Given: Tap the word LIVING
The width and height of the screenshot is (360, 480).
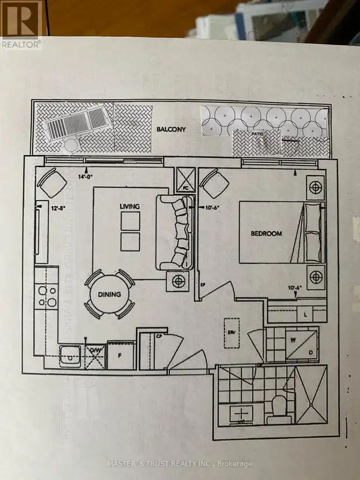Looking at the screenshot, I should (x=129, y=207).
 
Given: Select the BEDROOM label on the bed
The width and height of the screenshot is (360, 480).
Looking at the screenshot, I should (x=267, y=232).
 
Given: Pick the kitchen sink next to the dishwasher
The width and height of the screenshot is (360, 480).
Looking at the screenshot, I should (x=71, y=356).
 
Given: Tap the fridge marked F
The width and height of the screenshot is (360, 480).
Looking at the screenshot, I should (x=120, y=356).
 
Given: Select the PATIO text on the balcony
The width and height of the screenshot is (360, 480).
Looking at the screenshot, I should (x=256, y=134).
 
